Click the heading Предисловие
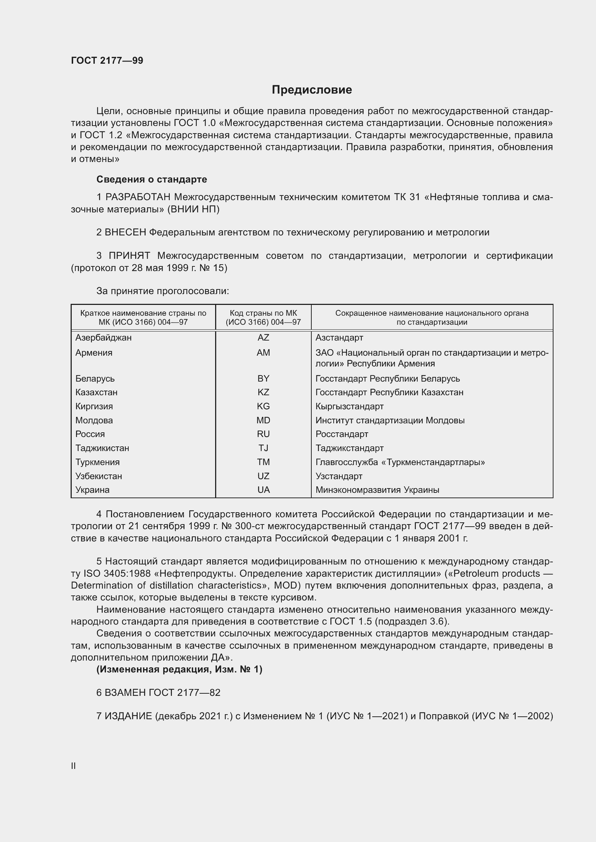click(312, 90)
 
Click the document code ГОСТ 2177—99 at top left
click(107, 60)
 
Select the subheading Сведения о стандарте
click(152, 179)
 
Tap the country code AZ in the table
click(263, 337)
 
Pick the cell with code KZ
click(263, 392)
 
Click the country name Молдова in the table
click(94, 420)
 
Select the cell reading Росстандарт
click(342, 434)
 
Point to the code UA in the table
click(263, 490)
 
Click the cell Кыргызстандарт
click(350, 406)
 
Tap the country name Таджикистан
click(102, 448)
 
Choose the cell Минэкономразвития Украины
click(377, 490)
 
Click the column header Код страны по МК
click(263, 318)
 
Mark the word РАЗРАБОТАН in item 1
click(138, 197)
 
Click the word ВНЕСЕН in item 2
click(125, 232)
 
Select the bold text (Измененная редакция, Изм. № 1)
click(179, 669)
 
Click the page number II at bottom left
click(74, 766)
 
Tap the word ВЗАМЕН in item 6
click(125, 692)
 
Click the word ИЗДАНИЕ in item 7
click(128, 716)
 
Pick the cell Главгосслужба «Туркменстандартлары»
click(400, 462)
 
